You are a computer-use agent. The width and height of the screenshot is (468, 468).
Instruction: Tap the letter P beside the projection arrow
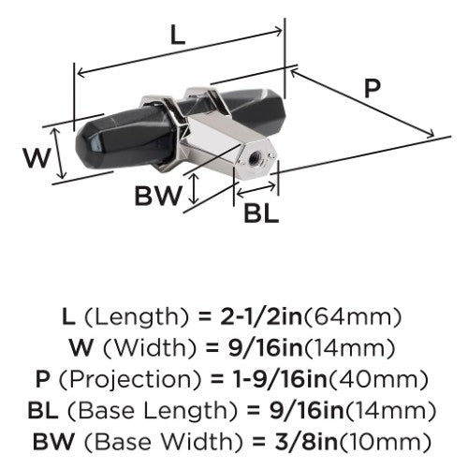373,88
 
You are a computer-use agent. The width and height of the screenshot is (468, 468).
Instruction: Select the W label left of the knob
37,158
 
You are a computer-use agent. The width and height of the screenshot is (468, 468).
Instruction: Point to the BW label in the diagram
158,196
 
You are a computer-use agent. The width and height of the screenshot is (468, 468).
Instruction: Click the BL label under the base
261,213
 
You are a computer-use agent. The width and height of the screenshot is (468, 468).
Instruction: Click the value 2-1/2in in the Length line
261,317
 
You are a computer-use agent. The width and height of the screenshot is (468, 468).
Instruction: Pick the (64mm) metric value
352,317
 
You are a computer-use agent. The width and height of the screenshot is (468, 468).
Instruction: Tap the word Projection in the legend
130,381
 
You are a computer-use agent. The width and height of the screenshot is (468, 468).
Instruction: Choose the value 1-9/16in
281,379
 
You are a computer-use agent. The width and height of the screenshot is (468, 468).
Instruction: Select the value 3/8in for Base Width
306,442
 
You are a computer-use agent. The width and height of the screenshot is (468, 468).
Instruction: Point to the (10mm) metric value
385,443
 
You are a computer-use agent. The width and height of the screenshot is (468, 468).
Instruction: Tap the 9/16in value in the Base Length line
307,411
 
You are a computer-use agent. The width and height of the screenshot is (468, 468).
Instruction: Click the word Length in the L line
137,318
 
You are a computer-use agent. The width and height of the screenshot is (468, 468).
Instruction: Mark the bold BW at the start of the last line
53,442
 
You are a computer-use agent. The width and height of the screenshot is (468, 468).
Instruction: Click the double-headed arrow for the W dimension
59,154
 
